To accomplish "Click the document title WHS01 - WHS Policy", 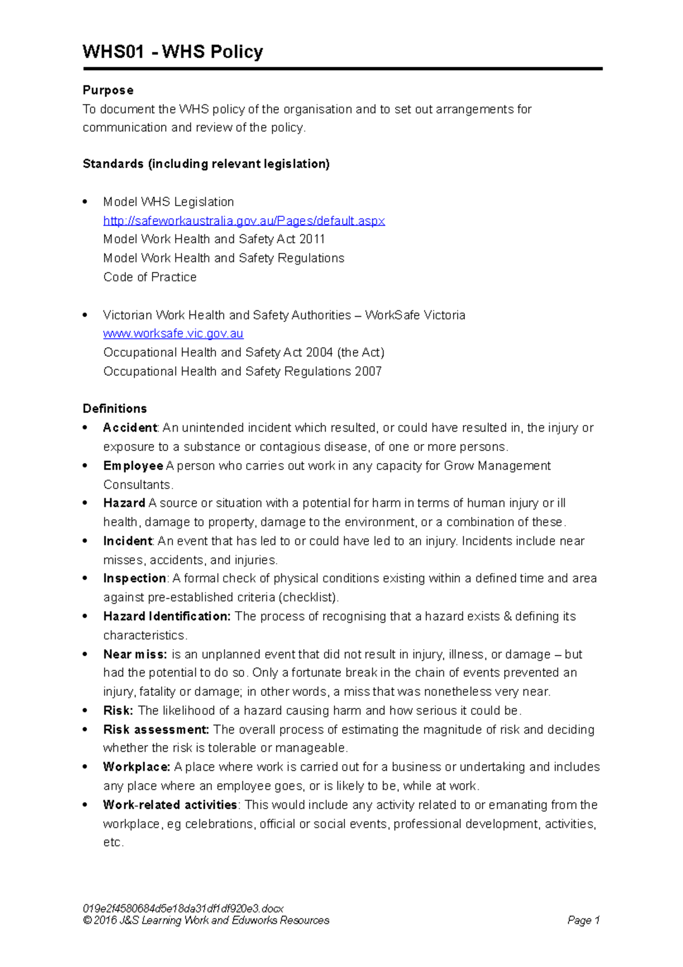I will [172, 52].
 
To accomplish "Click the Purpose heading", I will [108, 90].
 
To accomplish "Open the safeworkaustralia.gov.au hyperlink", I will [244, 220].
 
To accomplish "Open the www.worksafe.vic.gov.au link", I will [173, 333].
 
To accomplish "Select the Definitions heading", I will [114, 408].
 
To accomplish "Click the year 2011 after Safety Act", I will [312, 239].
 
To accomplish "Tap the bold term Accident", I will [130, 428].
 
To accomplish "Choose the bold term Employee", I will [133, 466].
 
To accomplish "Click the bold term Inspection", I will [134, 578].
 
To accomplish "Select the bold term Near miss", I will [135, 654].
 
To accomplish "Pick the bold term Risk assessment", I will [156, 730].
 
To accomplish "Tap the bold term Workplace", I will [137, 767].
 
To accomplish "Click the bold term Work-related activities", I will [170, 805].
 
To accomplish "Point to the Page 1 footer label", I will [583, 920].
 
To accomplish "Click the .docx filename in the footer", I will [183, 908].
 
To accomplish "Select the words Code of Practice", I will [150, 277].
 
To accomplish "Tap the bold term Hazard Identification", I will [167, 616].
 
